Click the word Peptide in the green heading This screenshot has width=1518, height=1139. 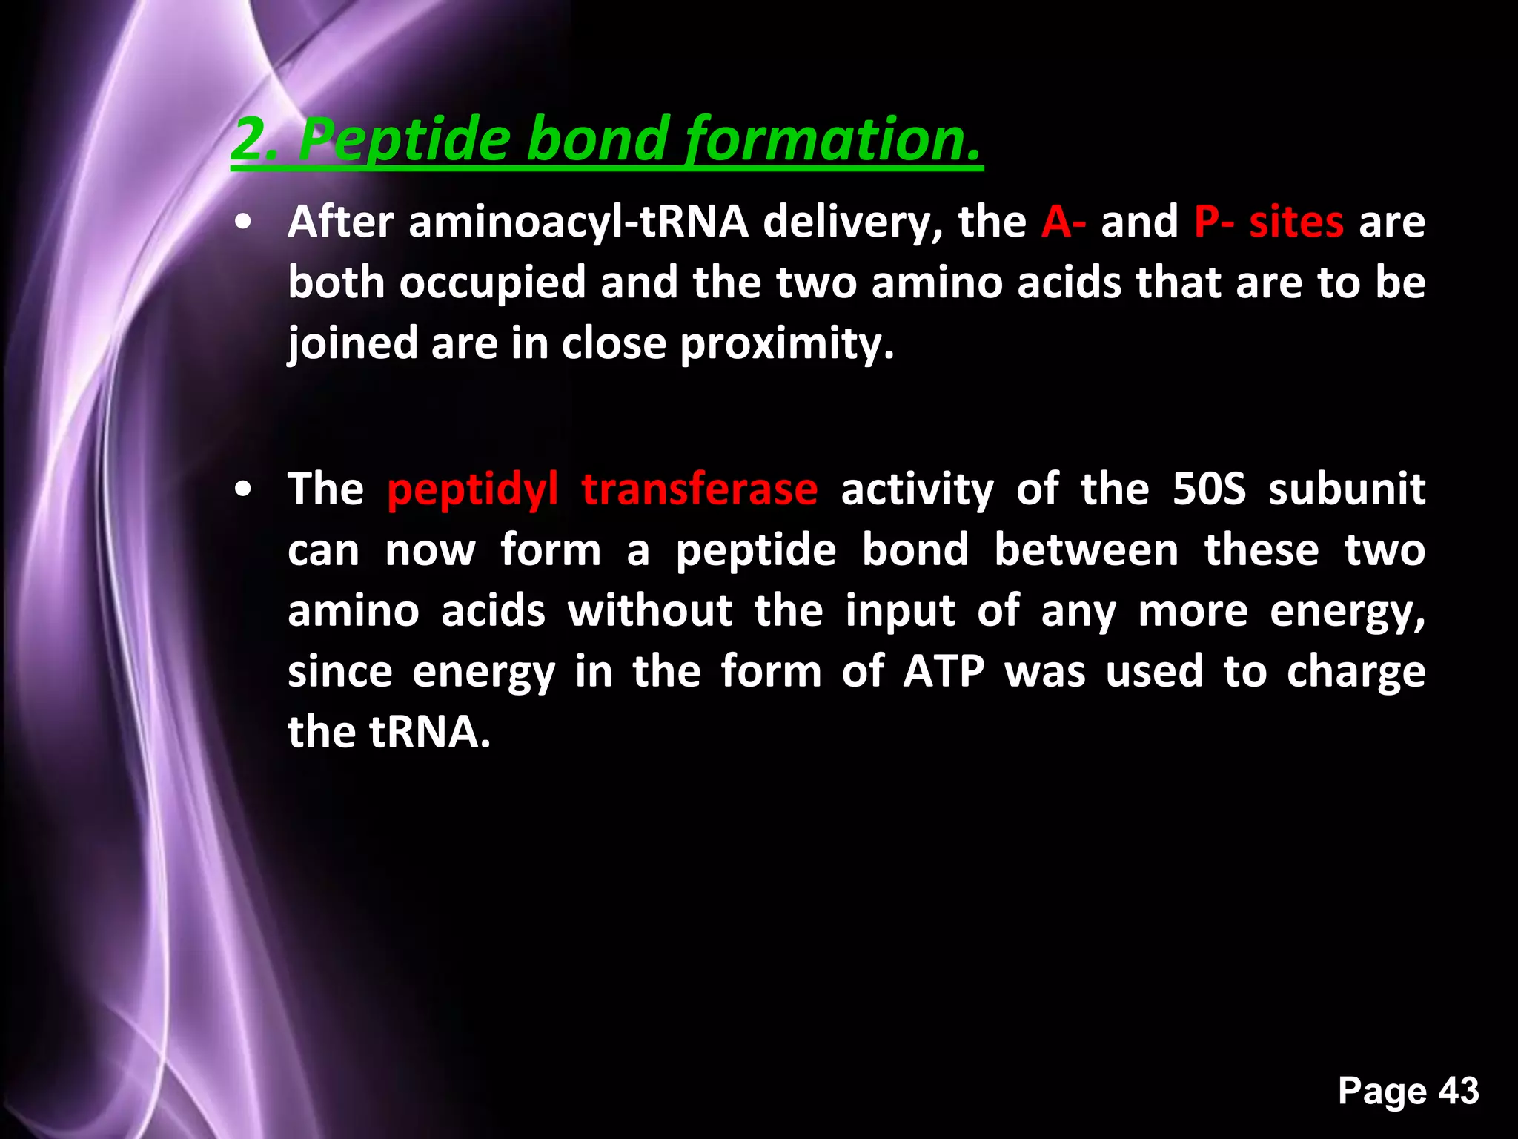click(404, 141)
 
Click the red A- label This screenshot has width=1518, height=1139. click(1064, 222)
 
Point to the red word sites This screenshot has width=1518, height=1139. click(1296, 222)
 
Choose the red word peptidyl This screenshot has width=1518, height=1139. click(472, 489)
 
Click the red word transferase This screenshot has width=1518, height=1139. click(699, 489)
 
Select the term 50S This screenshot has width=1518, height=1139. click(1209, 489)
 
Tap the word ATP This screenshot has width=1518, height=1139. click(943, 672)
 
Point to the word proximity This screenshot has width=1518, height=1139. click(787, 344)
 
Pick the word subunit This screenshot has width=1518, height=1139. click(1347, 489)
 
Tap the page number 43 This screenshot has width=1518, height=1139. click(1459, 1091)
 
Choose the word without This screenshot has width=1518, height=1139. click(650, 611)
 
